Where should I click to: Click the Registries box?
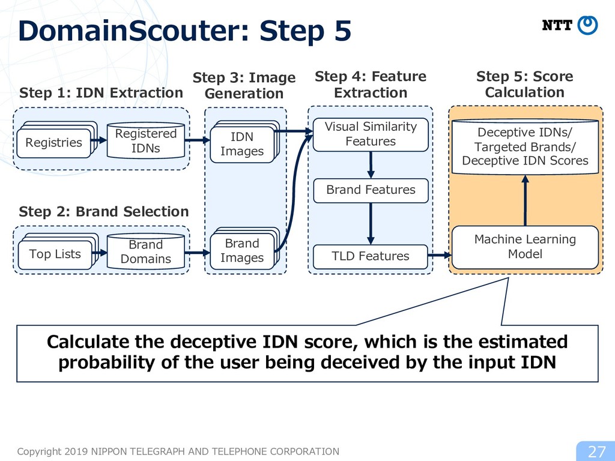(x=53, y=143)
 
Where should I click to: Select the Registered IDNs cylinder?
(x=145, y=140)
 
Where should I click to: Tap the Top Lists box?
(x=55, y=255)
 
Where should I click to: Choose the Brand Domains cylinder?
(x=145, y=252)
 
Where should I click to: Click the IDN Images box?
(x=242, y=144)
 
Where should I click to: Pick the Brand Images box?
(x=242, y=251)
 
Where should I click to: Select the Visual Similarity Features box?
(x=371, y=134)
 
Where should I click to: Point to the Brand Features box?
(x=371, y=190)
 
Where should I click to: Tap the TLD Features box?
(x=371, y=256)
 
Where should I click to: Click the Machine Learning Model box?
(x=525, y=247)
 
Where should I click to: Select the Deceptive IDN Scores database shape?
(x=525, y=146)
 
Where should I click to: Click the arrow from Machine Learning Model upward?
(x=525, y=200)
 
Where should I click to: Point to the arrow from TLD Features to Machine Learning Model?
(x=440, y=256)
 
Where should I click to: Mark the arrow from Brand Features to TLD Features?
(x=371, y=224)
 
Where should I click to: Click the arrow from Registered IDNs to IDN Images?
(x=197, y=140)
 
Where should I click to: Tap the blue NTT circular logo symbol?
(x=587, y=25)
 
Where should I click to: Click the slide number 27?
(x=597, y=451)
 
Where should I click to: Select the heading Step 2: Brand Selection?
(x=104, y=212)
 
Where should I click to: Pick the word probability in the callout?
(x=106, y=362)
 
